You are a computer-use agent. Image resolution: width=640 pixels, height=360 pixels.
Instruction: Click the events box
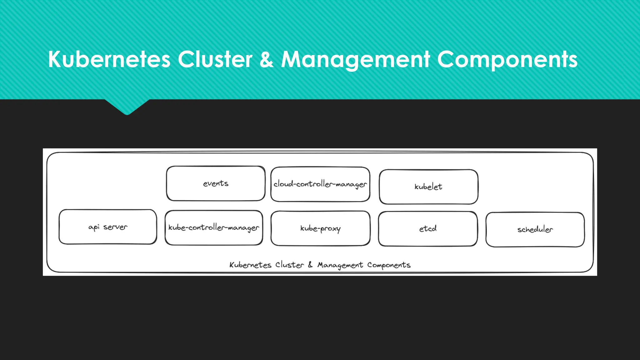click(216, 183)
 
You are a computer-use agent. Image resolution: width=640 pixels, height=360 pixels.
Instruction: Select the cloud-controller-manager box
click(320, 184)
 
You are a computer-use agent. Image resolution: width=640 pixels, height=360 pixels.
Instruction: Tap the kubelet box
click(428, 187)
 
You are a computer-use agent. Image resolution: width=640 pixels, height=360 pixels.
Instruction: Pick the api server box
click(108, 227)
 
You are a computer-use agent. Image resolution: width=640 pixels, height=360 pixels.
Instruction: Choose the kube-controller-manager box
click(214, 228)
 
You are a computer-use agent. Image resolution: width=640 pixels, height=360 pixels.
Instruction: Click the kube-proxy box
click(320, 228)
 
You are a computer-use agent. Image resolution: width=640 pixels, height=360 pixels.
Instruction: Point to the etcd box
click(428, 229)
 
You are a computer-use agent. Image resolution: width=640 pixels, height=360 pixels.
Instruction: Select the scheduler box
click(535, 230)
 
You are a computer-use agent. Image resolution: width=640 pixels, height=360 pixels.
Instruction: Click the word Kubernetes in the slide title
click(109, 59)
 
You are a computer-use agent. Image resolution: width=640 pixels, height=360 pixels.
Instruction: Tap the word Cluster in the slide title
click(215, 59)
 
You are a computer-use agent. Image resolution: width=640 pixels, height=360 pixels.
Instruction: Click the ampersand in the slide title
click(266, 59)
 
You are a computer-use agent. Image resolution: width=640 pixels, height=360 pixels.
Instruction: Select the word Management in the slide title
click(355, 59)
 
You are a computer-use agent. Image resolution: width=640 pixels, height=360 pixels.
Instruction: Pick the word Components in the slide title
click(507, 59)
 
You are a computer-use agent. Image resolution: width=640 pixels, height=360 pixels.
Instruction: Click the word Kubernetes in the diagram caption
click(250, 265)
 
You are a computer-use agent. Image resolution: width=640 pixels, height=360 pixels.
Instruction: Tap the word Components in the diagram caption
click(389, 265)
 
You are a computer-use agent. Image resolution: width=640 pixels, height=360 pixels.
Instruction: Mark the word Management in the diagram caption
click(340, 265)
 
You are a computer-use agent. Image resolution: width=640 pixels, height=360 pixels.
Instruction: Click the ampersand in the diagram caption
click(310, 265)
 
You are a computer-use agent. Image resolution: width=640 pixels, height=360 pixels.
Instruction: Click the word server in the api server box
click(115, 227)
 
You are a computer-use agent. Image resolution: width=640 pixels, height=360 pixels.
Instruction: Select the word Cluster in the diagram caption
click(289, 265)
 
